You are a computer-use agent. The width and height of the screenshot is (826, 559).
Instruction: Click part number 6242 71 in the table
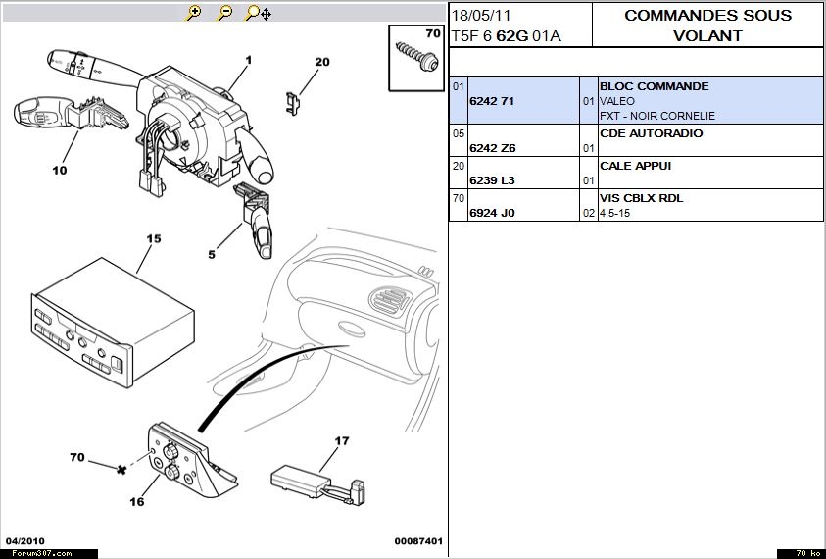492,101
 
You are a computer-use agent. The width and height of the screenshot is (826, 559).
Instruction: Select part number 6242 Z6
492,148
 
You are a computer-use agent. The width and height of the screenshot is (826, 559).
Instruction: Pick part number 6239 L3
492,180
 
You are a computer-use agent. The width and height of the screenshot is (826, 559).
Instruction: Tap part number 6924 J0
492,213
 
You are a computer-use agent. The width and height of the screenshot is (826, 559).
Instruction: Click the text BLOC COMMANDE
654,86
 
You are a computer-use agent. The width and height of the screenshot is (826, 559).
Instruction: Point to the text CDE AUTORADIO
651,133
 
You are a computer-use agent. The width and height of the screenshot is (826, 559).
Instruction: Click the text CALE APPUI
635,166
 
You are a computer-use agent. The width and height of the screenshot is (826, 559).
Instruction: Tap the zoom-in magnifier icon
194,13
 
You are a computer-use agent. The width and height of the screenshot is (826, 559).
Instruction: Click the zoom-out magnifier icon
225,13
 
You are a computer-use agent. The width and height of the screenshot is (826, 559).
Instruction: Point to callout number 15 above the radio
153,238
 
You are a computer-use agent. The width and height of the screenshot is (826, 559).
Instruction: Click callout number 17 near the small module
342,441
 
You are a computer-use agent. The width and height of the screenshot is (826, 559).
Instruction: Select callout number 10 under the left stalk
60,170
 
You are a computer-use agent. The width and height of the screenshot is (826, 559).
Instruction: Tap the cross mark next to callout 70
121,470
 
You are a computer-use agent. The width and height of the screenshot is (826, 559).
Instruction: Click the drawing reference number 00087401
418,541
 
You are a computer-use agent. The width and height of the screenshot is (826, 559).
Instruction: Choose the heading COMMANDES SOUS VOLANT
708,25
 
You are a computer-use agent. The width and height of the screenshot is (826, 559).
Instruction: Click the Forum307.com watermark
36,553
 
